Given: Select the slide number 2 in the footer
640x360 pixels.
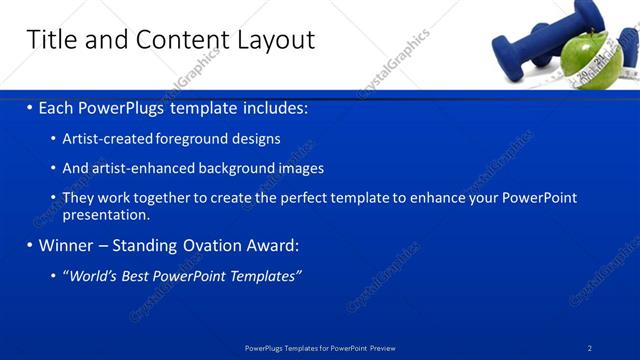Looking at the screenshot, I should pos(590,348).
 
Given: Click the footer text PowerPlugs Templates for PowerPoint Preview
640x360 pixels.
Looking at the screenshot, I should pos(320,348).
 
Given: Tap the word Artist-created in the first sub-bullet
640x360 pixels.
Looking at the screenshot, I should pos(109,139).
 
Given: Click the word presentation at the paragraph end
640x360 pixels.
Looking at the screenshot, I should pos(106,214).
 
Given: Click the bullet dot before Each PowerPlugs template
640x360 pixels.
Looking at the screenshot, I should pos(29,107).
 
